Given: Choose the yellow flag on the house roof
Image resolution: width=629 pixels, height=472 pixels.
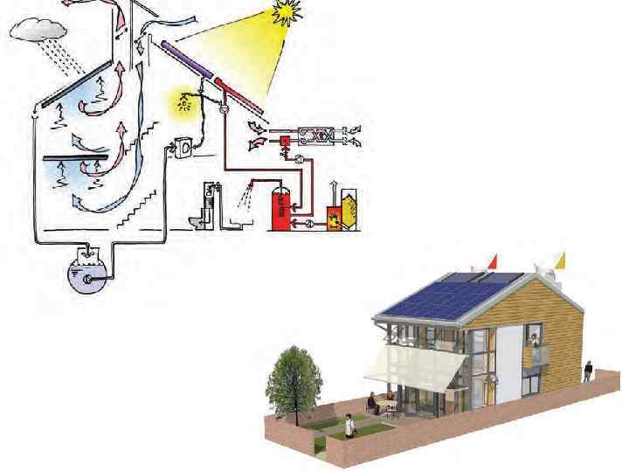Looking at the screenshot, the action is click(x=561, y=259).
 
